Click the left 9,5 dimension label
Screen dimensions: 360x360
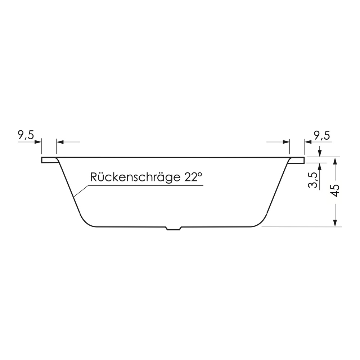26,136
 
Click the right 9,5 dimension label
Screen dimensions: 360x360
322,136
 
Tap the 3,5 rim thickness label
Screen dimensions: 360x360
313,180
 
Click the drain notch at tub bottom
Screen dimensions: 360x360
174,228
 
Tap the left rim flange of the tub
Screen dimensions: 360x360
49,160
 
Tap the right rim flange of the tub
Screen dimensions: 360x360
297,160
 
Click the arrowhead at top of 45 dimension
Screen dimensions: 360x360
336,161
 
